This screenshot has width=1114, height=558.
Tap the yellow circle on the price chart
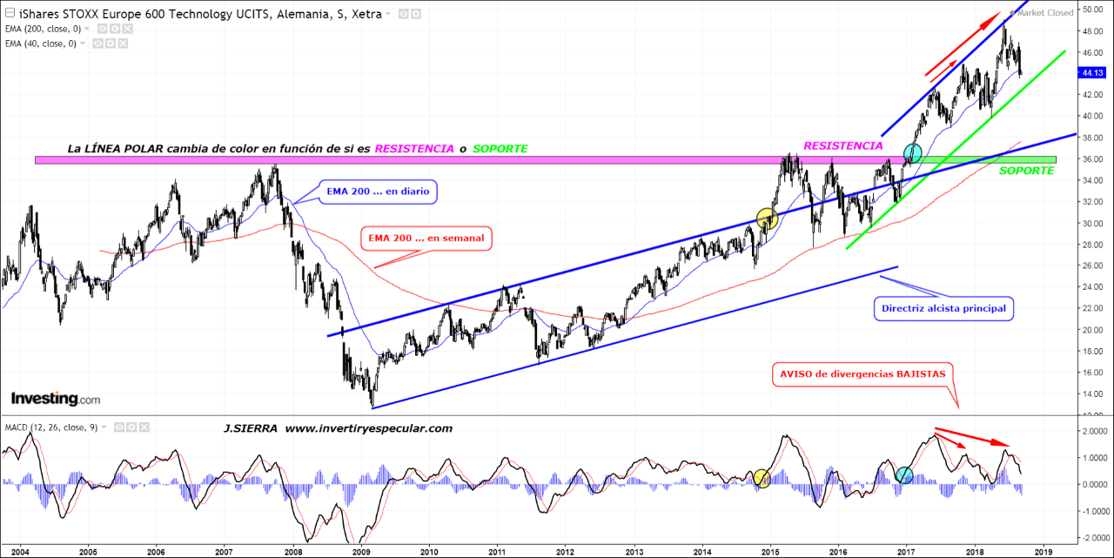tap(766, 218)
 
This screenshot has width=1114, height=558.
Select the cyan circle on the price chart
tap(912, 153)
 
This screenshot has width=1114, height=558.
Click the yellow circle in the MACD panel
tap(761, 476)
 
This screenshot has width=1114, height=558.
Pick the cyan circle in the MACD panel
tap(904, 474)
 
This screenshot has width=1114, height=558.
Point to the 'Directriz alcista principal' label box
tap(944, 307)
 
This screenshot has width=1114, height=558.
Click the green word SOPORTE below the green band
tap(1026, 171)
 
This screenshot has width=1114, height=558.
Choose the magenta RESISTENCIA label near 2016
tap(842, 145)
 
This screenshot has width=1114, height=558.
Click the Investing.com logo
tap(55, 399)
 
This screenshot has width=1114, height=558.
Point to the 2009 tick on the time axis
tap(361, 551)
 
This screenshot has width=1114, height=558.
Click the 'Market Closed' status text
tap(1045, 13)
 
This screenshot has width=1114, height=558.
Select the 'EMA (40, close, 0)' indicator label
tap(44, 43)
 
